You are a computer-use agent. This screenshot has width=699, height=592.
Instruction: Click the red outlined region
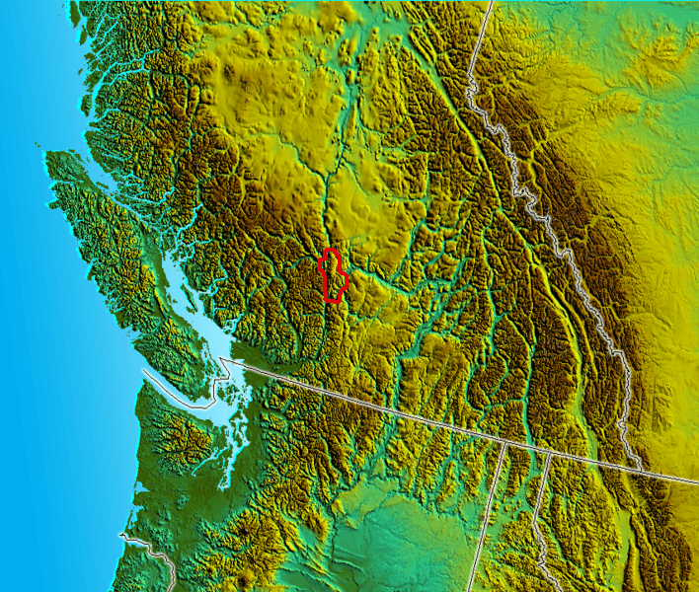pyautogui.click(x=333, y=275)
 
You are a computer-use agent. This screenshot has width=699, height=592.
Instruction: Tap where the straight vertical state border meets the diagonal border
pyautogui.click(x=505, y=443)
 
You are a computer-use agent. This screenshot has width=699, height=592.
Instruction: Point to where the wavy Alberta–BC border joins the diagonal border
pyautogui.click(x=638, y=469)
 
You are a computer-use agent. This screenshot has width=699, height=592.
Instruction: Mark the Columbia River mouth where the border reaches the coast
pyautogui.click(x=122, y=537)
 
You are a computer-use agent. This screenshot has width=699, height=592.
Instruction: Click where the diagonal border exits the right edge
pyautogui.click(x=697, y=482)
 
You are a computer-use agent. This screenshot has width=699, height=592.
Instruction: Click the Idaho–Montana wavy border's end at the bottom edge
pyautogui.click(x=542, y=590)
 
